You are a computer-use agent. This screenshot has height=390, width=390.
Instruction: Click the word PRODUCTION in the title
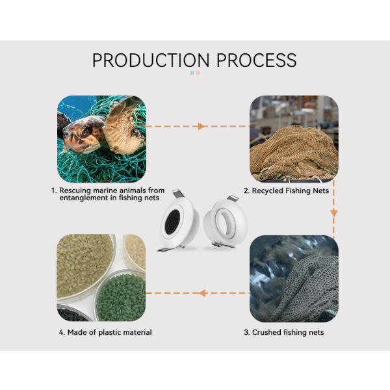151,60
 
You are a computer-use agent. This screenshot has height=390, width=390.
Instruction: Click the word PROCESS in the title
257,60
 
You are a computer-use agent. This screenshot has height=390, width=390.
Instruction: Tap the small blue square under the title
192,73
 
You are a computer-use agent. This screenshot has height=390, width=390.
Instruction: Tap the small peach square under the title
198,73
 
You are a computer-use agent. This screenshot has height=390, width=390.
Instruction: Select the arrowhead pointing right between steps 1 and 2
201,126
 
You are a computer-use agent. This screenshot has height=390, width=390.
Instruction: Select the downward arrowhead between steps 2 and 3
334,213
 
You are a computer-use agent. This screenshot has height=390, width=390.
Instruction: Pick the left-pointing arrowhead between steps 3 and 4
202,293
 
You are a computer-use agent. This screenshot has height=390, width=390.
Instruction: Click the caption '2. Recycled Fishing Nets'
286,190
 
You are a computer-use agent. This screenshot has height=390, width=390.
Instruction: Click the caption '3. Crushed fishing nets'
284,332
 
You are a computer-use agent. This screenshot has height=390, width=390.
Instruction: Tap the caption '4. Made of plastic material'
105,332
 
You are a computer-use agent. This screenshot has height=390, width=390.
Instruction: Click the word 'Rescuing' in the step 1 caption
75,190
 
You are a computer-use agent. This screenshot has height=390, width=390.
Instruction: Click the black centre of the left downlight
172,222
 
